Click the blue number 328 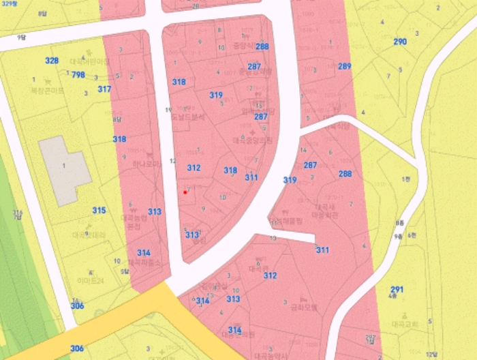coord(52,61)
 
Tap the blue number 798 coord(78,75)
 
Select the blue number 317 coord(104,89)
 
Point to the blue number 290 coord(400,42)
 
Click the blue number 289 coord(344,66)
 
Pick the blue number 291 coord(397,289)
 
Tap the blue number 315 coord(99,211)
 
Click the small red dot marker coord(185,192)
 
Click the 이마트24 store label coord(89,280)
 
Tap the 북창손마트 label coord(47,90)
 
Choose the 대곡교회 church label coord(405,325)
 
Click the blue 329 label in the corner coord(7,3)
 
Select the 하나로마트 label coord(146,164)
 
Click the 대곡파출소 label coord(144,261)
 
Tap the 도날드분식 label coord(189,117)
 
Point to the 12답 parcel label coord(431,354)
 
